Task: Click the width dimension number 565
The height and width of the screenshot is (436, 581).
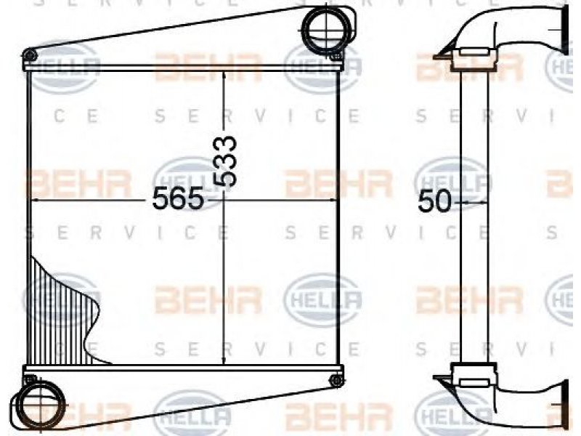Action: pyautogui.click(x=178, y=198)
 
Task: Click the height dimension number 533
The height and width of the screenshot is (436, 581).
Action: pyautogui.click(x=224, y=161)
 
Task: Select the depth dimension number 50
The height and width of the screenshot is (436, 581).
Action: pyautogui.click(x=434, y=201)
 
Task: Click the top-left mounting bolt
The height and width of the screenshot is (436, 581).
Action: pyautogui.click(x=29, y=56)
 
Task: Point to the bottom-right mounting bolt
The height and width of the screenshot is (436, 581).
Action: pyautogui.click(x=336, y=380)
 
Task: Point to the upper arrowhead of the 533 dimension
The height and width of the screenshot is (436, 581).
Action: pyautogui.click(x=224, y=76)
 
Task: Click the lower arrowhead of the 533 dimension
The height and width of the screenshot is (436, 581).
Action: pyautogui.click(x=224, y=360)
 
